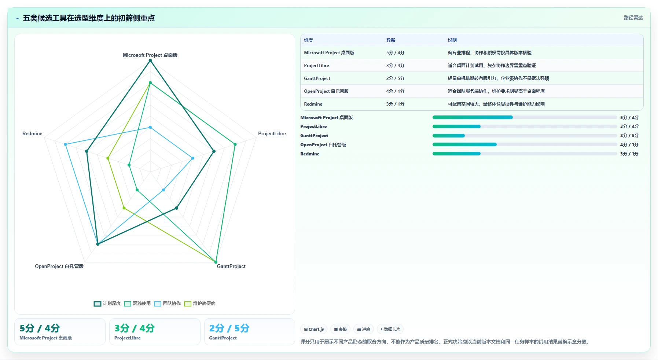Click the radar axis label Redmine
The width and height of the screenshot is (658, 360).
pyautogui.click(x=32, y=133)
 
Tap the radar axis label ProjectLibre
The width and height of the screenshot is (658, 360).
pyautogui.click(x=272, y=133)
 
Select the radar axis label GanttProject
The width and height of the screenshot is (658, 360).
pyautogui.click(x=231, y=266)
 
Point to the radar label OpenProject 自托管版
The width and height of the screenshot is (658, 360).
pyautogui.click(x=59, y=266)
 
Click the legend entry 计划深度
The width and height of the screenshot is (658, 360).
pyautogui.click(x=107, y=304)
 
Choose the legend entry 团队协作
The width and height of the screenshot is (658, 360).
pyautogui.click(x=167, y=304)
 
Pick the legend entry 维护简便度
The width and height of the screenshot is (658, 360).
pyautogui.click(x=199, y=304)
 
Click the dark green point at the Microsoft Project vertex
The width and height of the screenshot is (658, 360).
pyautogui.click(x=150, y=60)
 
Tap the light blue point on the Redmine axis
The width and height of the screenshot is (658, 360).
pyautogui.click(x=66, y=144)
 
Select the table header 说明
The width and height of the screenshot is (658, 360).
pyautogui.click(x=452, y=40)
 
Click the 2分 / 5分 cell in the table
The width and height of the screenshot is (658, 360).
pyautogui.click(x=395, y=78)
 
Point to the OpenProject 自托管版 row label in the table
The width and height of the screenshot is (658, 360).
pyautogui.click(x=326, y=91)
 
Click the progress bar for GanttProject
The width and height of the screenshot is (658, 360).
pyautogui.click(x=525, y=136)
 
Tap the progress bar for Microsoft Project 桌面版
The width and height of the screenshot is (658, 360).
pyautogui.click(x=525, y=117)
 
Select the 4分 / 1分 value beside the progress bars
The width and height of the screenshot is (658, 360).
pyautogui.click(x=629, y=145)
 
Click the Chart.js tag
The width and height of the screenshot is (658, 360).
pyautogui.click(x=314, y=329)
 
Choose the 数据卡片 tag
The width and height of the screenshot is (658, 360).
pyautogui.click(x=390, y=329)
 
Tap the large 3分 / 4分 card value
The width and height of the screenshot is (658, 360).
pyautogui.click(x=135, y=328)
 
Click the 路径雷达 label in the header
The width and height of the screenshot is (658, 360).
pyautogui.click(x=633, y=18)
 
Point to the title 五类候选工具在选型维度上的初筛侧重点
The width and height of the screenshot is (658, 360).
pyautogui.click(x=89, y=18)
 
